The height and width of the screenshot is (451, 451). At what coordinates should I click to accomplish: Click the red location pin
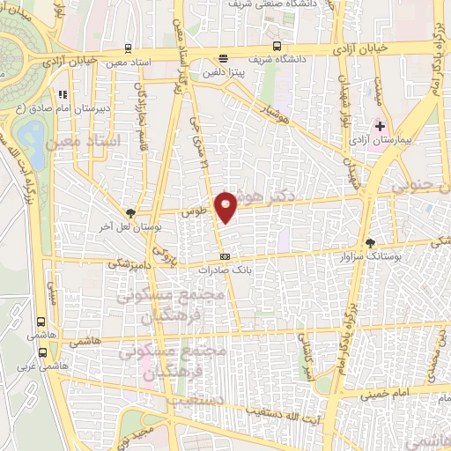point(227,206)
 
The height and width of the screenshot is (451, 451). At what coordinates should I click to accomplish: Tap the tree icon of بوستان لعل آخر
point(130,213)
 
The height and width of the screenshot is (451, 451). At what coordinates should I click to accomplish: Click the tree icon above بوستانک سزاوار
point(370,243)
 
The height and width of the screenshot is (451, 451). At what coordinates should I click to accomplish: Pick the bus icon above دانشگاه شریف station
point(277,46)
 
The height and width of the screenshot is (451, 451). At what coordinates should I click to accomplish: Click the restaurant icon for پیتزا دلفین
point(223,59)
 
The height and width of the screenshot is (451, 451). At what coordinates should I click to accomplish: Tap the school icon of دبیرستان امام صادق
point(62,94)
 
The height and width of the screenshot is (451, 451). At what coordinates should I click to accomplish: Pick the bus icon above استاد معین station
point(129,48)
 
